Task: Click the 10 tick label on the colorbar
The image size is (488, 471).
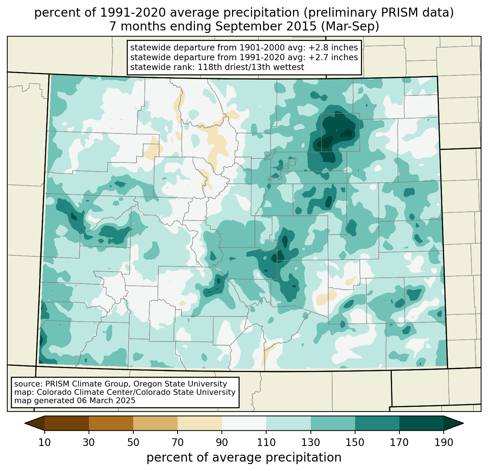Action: tap(44, 443)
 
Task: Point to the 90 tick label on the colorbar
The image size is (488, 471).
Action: tap(222, 443)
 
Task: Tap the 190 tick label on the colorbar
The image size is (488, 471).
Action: tap(444, 443)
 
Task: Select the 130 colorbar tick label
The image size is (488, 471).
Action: tap(311, 443)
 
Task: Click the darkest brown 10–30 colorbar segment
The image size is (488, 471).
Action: tap(67, 423)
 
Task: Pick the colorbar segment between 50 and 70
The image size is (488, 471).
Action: tap(155, 423)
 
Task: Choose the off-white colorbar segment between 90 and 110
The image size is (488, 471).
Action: tap(244, 423)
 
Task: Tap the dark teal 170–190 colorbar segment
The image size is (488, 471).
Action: tap(422, 423)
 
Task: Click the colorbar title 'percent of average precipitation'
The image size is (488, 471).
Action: tap(244, 458)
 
